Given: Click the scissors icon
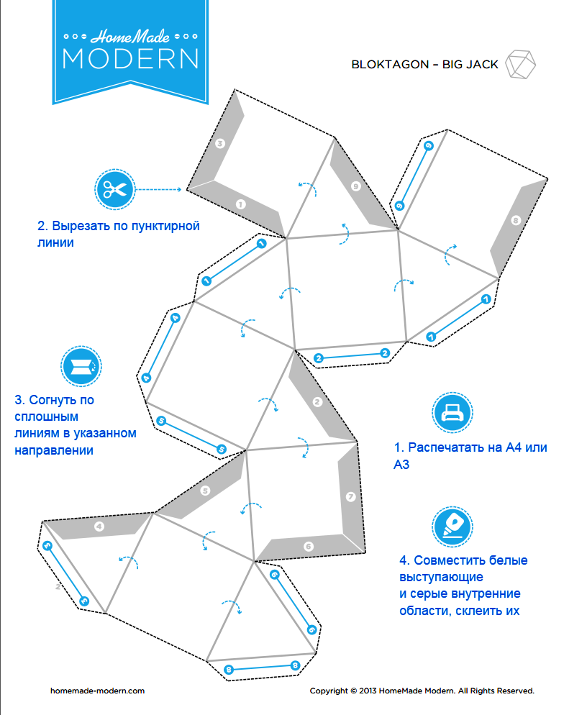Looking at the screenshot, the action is click(115, 189).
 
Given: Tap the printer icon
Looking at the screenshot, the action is click(452, 412).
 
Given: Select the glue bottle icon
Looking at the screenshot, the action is click(452, 527).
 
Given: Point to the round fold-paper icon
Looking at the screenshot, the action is click(81, 366).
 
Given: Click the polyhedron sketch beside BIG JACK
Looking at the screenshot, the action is click(520, 64).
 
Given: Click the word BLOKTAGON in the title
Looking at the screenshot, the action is click(390, 65).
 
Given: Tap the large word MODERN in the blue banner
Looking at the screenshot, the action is click(131, 59).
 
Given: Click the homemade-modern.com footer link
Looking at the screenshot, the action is click(97, 691).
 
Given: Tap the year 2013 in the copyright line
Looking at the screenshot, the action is click(368, 691).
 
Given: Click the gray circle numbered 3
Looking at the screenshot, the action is click(220, 144).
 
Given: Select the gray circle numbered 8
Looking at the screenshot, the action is click(516, 221).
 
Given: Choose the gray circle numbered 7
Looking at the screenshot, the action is click(351, 496).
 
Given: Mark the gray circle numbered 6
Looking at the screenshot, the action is click(309, 546).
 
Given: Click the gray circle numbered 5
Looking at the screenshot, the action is click(205, 491).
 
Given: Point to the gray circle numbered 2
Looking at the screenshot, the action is click(317, 401).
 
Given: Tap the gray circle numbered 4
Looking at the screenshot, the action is click(99, 527).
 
